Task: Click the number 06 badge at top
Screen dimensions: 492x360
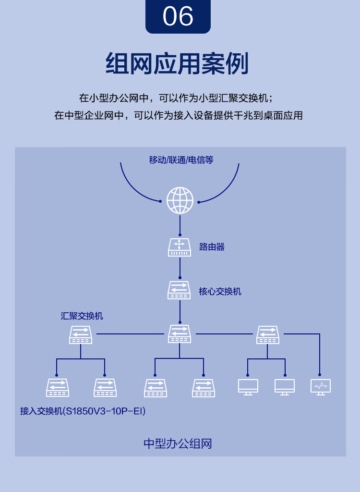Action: [178, 16]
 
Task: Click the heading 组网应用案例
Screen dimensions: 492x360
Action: [178, 64]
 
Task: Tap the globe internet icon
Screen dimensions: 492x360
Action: [180, 200]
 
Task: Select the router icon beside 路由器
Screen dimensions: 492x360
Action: [180, 247]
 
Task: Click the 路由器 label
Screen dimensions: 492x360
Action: [212, 247]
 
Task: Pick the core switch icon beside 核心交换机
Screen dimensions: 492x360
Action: [180, 290]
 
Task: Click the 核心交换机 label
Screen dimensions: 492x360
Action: [220, 291]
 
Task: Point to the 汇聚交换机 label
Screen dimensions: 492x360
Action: [82, 316]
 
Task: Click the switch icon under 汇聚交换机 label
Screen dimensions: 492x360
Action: [81, 334]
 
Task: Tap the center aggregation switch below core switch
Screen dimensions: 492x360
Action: [180, 334]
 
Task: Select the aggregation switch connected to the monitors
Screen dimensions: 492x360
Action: [267, 334]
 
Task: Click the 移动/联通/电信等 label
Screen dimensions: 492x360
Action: [181, 160]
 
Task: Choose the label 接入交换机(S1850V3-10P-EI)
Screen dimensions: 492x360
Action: [83, 411]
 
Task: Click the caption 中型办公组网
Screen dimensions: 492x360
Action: [178, 443]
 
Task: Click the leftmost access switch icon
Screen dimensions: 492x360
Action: [58, 387]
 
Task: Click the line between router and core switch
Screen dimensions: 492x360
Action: [180, 268]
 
